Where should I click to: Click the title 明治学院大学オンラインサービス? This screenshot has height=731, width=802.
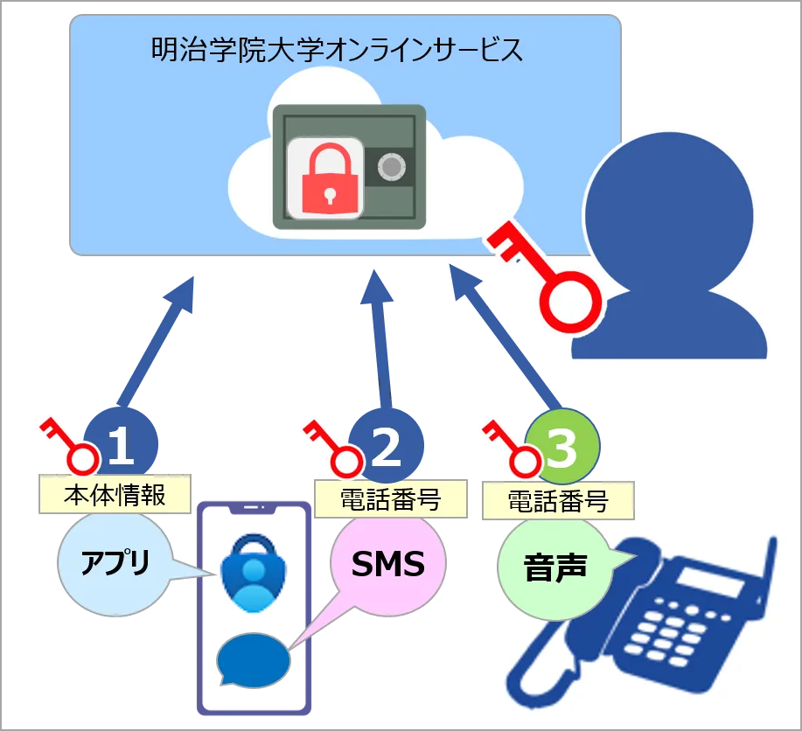point(337,49)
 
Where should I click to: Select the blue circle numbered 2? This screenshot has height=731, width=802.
point(387,447)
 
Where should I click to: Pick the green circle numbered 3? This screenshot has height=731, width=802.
point(562,447)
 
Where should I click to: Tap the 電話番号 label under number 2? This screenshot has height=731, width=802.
point(389,500)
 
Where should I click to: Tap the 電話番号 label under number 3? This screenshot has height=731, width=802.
point(558,501)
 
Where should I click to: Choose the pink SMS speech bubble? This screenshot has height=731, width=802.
point(387,564)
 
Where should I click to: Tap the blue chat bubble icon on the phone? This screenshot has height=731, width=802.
point(254,659)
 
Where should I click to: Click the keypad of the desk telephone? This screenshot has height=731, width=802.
point(673,630)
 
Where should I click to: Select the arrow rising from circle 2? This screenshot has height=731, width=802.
point(378,341)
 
